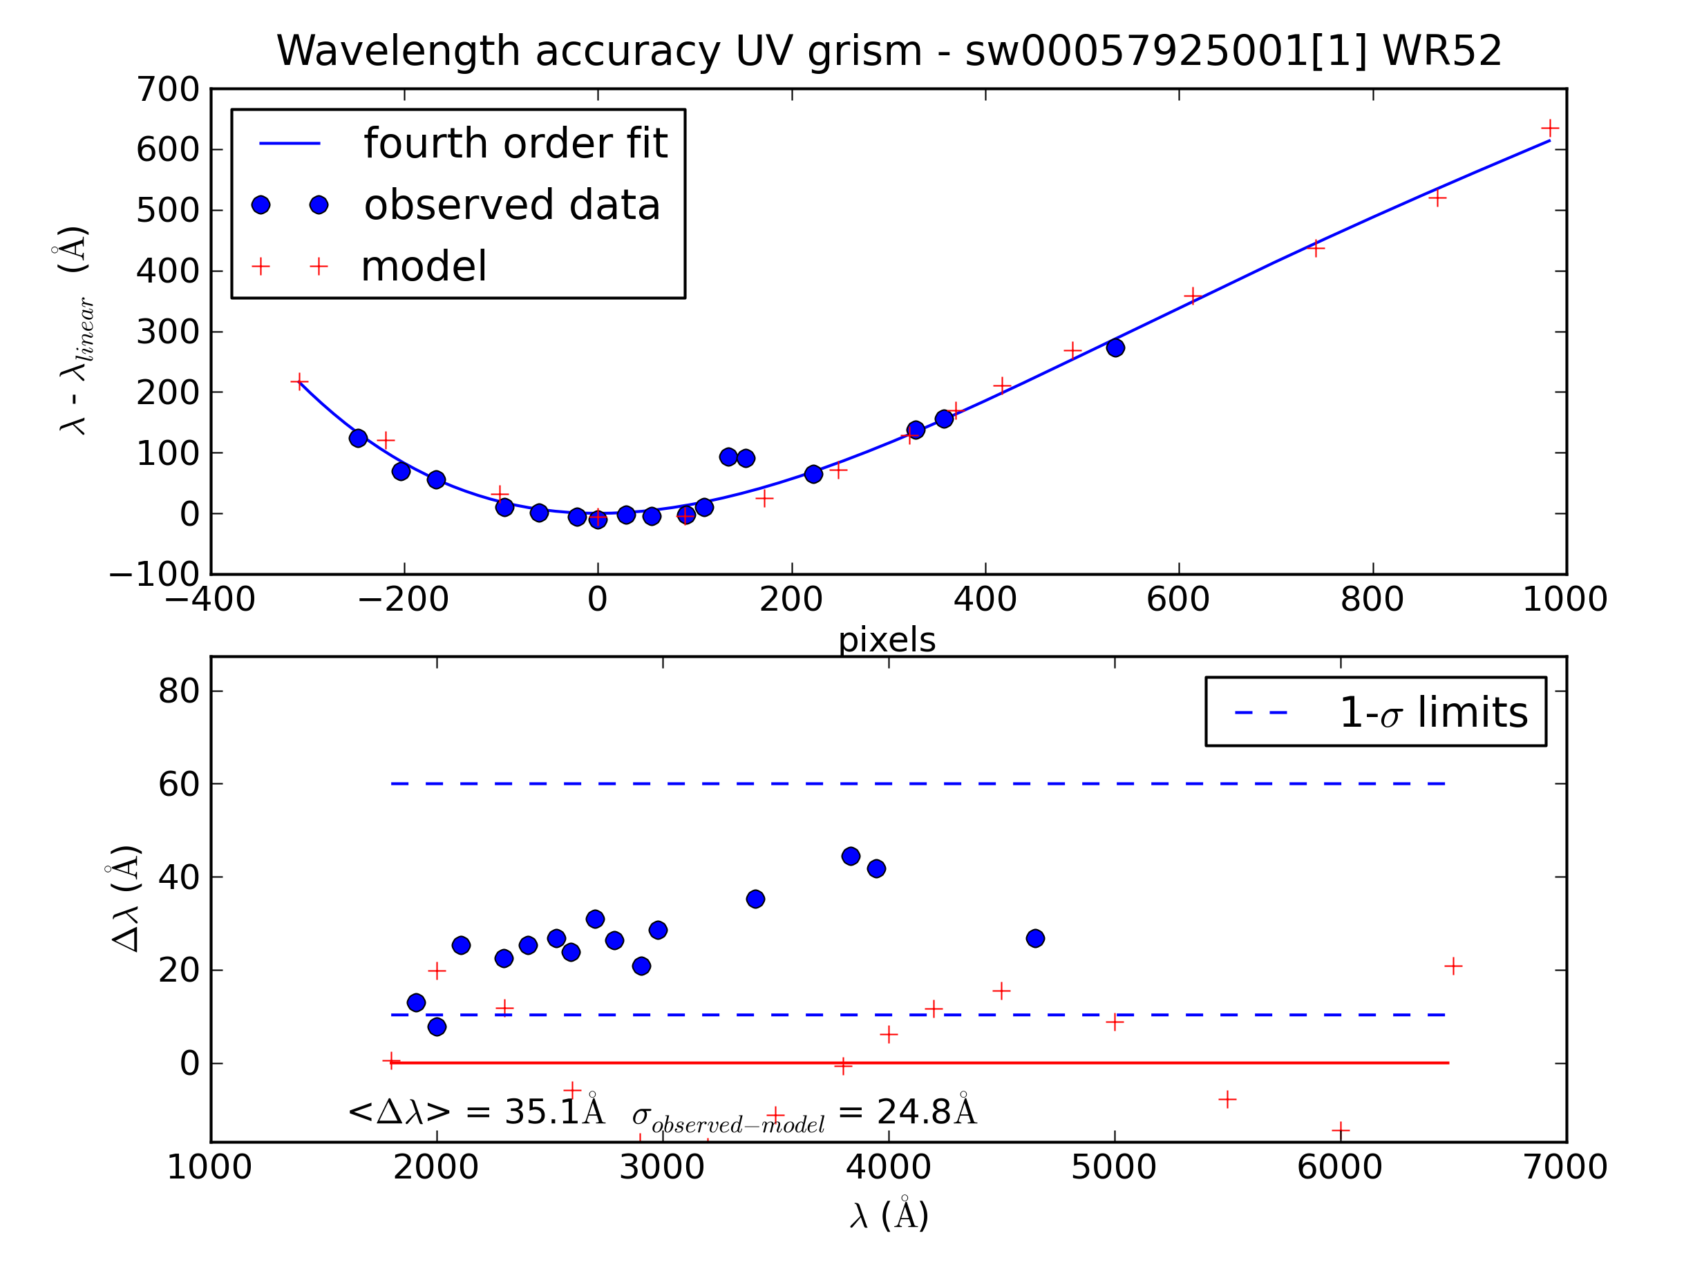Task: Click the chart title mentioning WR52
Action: click(889, 52)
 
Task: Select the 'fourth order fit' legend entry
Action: click(515, 143)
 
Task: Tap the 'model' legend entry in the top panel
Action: click(424, 267)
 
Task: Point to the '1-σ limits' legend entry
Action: click(1432, 712)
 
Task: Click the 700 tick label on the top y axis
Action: click(167, 90)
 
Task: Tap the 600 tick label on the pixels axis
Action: click(1177, 600)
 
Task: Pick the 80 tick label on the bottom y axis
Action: click(179, 691)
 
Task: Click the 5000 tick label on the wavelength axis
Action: click(1114, 1167)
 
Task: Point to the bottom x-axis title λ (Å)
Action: click(889, 1216)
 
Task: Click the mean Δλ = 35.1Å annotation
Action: click(476, 1112)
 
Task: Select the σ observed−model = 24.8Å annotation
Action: click(803, 1113)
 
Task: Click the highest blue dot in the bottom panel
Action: click(851, 857)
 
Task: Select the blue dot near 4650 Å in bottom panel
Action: click(1034, 939)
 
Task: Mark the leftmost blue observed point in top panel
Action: click(358, 439)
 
